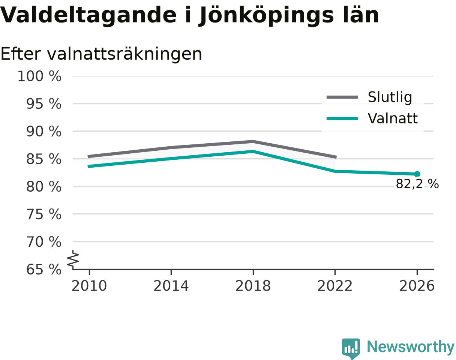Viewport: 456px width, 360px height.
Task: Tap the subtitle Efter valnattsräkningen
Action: [101, 54]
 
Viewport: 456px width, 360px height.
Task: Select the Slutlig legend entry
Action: [369, 97]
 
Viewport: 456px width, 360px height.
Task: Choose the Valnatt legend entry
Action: [372, 118]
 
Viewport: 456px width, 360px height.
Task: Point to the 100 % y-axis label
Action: [39, 76]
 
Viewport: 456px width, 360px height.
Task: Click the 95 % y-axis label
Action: [44, 104]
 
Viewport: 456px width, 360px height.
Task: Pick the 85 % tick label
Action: [44, 159]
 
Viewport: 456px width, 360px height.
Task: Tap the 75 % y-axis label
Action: [44, 214]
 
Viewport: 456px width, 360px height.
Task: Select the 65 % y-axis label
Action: [44, 270]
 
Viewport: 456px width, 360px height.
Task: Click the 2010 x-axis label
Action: [89, 286]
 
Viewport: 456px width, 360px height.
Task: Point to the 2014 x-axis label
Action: [171, 286]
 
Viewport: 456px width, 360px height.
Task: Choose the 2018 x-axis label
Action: [253, 286]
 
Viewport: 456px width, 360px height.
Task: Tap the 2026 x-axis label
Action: [417, 286]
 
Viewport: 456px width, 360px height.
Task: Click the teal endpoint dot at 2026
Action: [417, 174]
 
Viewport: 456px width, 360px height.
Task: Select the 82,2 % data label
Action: [417, 184]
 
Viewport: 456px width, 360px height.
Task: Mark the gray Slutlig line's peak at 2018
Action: [253, 141]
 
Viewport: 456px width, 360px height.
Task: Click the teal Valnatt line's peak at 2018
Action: [253, 151]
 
